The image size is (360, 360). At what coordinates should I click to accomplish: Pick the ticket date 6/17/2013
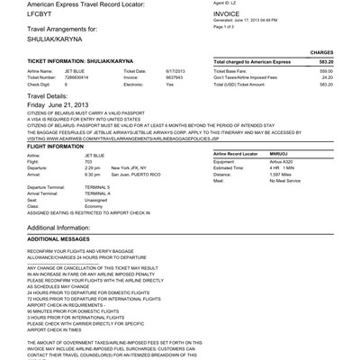175,95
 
